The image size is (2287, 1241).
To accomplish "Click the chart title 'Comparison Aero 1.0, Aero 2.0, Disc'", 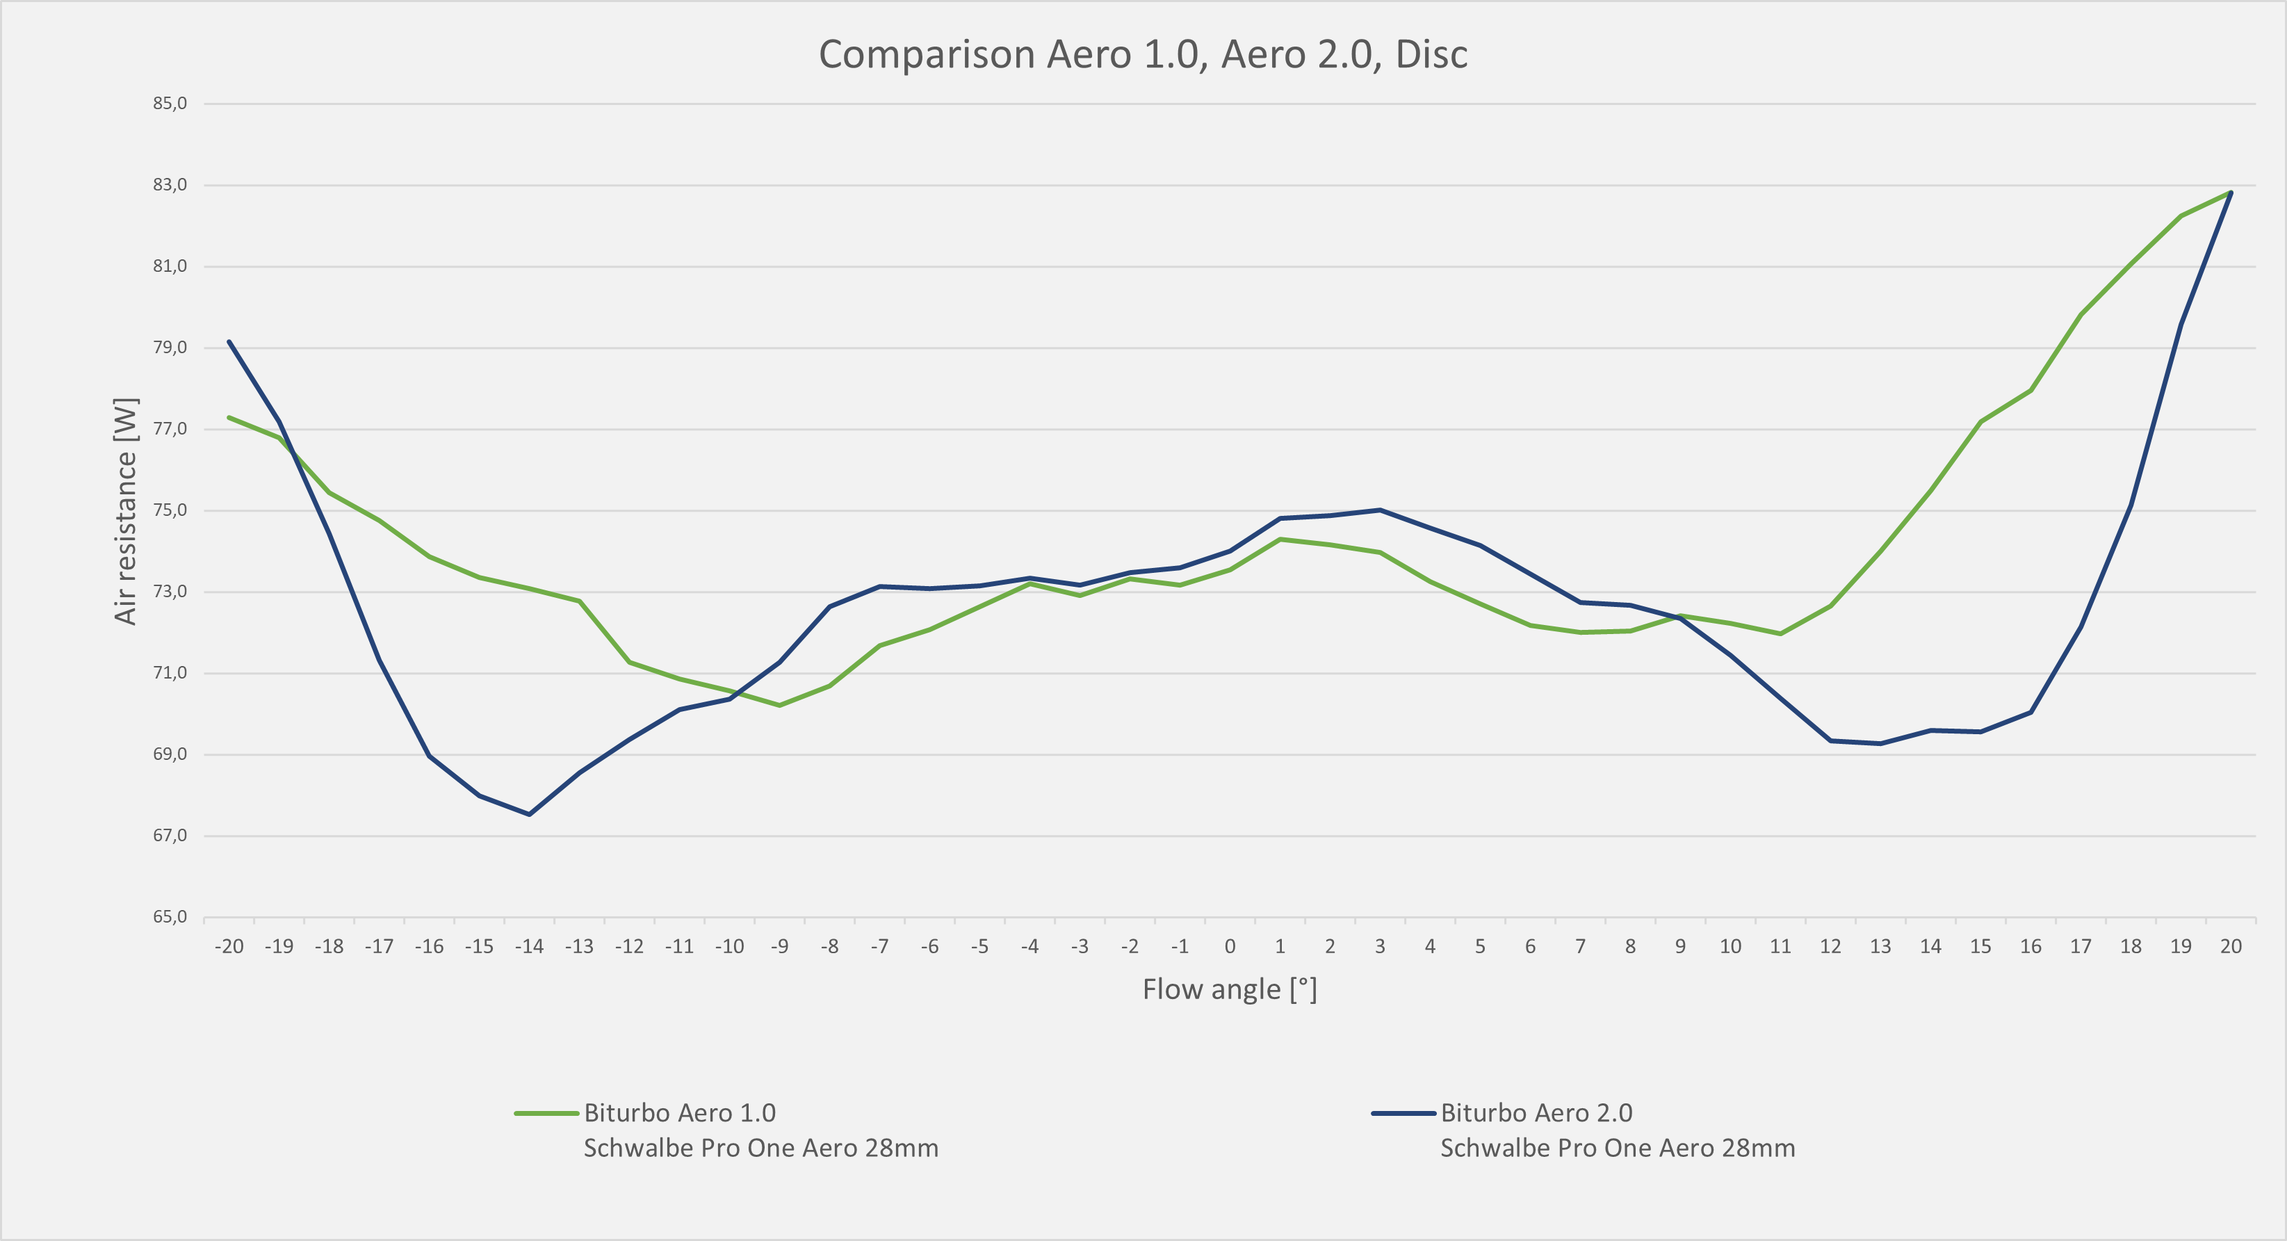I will point(1143,54).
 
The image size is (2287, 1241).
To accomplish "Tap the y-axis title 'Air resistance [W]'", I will point(126,510).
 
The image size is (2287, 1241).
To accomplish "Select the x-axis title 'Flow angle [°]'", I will point(1230,989).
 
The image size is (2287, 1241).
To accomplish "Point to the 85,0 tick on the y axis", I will point(170,104).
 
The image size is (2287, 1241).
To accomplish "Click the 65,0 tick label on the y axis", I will point(170,917).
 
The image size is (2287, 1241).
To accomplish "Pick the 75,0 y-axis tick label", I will point(170,510).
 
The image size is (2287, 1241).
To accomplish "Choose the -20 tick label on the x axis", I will point(229,946).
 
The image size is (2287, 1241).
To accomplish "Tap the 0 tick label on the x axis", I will point(1230,946).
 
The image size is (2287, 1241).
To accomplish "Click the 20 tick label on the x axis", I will point(2230,946).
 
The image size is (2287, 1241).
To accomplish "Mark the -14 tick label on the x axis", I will point(529,946).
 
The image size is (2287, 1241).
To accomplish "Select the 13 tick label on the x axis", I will point(1880,946).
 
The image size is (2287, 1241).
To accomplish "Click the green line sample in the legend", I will point(546,1113).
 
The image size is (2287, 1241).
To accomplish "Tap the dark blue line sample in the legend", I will point(1403,1113).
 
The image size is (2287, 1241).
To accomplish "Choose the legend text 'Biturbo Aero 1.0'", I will point(679,1113).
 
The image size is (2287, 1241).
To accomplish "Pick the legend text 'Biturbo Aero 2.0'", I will point(1536,1113).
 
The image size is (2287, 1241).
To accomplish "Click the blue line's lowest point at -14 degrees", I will point(529,814).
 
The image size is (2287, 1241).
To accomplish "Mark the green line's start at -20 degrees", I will point(229,417).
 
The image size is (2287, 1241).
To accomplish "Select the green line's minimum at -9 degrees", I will point(779,706).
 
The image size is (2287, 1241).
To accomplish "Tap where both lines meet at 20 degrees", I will point(2230,193).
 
